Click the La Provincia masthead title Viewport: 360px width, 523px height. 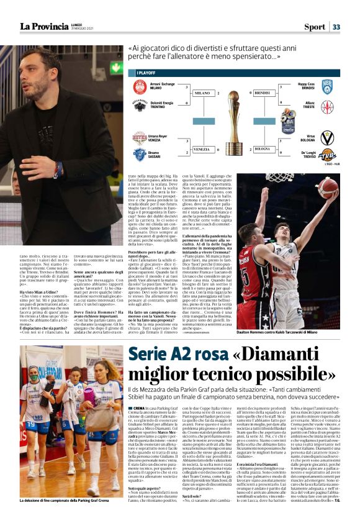pos(43,26)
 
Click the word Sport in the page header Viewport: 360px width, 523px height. pos(315,27)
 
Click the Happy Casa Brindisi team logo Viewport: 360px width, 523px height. pos(326,86)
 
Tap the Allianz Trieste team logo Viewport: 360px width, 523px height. pos(326,106)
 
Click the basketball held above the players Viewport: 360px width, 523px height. pos(328,186)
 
